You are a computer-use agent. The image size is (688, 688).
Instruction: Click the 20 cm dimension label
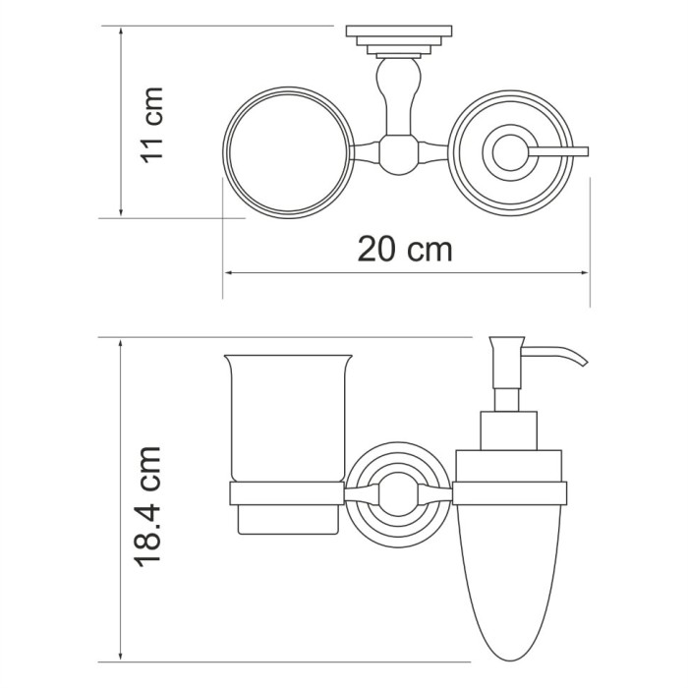[404, 250]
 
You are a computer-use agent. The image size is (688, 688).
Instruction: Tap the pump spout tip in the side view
[584, 365]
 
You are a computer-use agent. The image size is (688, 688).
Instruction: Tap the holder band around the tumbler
[287, 493]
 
